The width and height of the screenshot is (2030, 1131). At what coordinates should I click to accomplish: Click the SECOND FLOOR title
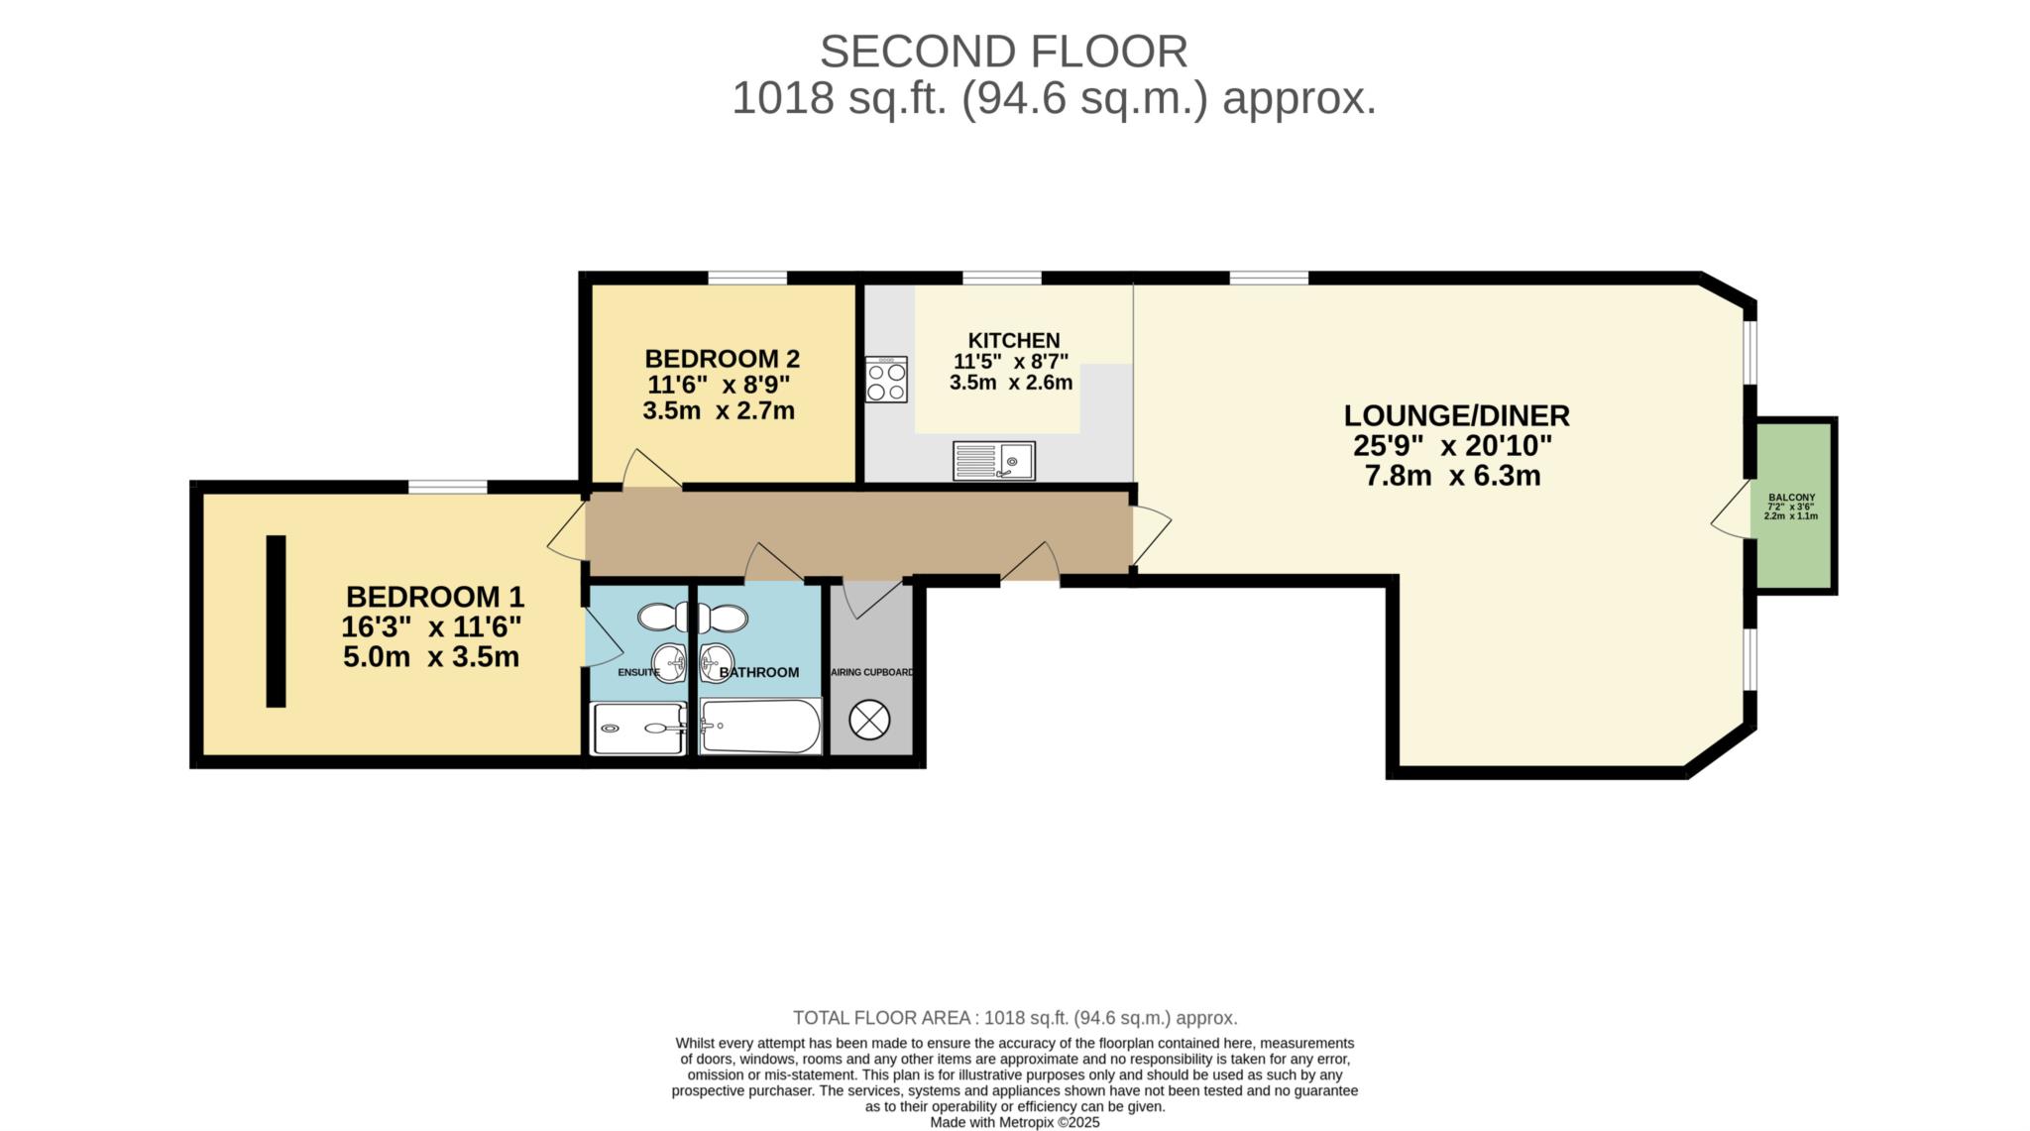tap(1003, 52)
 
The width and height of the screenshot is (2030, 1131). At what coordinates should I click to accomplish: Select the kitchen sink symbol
tap(993, 461)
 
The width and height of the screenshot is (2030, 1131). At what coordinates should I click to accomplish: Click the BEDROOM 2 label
tap(722, 359)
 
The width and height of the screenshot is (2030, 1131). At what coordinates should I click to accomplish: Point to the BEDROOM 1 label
tap(434, 597)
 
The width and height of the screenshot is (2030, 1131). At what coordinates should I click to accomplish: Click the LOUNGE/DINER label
tap(1456, 415)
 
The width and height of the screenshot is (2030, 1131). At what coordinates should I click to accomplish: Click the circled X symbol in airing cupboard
tap(870, 720)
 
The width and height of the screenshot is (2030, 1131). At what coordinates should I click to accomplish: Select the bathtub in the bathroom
tap(760, 727)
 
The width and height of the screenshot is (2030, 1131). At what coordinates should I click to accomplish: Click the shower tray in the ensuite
tap(637, 729)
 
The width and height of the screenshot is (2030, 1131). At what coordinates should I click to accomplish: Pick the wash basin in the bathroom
tap(716, 657)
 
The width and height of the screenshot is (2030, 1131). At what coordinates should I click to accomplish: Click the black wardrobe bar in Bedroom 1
tap(277, 621)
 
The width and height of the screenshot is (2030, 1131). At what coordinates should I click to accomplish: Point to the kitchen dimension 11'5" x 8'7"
tap(1011, 362)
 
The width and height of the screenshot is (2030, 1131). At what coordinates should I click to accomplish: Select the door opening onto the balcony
tap(1733, 511)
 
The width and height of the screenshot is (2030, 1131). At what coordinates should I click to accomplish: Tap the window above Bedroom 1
tap(447, 486)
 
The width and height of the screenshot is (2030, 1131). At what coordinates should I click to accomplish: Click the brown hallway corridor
tap(858, 532)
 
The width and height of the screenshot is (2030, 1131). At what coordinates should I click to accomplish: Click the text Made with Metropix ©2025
tap(1014, 1123)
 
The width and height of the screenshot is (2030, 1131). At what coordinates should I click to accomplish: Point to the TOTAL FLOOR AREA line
tap(1014, 1018)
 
